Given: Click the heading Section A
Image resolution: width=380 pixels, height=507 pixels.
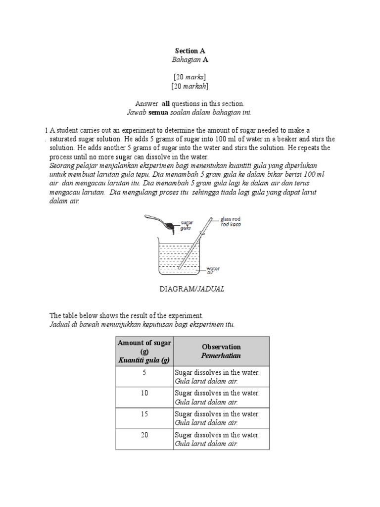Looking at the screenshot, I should pyautogui.click(x=190, y=51).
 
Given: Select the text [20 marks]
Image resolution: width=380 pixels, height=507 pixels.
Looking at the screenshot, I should pyautogui.click(x=190, y=77).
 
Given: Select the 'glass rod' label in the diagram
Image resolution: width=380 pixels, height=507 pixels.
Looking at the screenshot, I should pyautogui.click(x=230, y=219).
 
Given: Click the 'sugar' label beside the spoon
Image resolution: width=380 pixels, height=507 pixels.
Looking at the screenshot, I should pyautogui.click(x=187, y=223).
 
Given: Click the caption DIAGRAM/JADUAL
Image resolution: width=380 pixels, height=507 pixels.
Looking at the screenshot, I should pyautogui.click(x=191, y=289).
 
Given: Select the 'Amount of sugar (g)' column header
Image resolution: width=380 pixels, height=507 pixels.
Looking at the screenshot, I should pyautogui.click(x=144, y=352).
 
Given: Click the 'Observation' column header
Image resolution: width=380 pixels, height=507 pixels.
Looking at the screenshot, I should pyautogui.click(x=221, y=352).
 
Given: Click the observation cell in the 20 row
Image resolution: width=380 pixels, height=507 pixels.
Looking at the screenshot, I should pyautogui.click(x=220, y=439).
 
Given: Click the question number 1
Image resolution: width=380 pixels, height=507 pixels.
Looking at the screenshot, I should pyautogui.click(x=46, y=130).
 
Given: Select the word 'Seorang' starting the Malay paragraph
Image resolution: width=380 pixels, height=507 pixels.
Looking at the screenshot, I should pyautogui.click(x=63, y=165).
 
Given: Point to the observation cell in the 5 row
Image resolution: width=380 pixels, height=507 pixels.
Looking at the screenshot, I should pyautogui.click(x=220, y=377).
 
